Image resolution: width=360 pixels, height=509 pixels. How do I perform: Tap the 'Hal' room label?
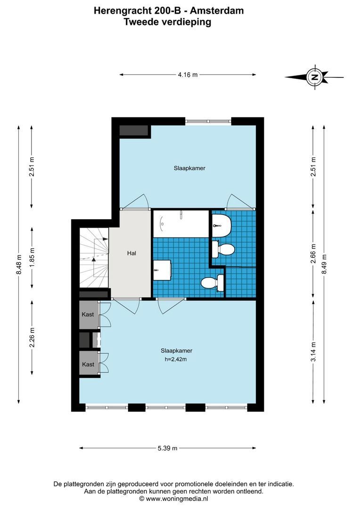pos(131,253)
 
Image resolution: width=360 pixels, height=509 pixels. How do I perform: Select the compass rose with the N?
pos(314,77)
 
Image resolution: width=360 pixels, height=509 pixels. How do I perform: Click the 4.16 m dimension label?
pos(188,74)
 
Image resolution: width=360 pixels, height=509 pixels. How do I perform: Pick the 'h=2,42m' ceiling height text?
pos(176,360)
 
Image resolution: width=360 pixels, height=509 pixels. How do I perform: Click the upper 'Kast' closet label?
pos(88,314)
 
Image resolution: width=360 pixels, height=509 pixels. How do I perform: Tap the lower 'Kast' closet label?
pos(88,364)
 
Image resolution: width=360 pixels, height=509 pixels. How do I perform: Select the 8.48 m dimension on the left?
pos(19,264)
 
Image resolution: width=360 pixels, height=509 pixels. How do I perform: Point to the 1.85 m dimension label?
pos(32,257)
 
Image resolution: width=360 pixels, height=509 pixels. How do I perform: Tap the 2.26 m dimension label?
pos(32,337)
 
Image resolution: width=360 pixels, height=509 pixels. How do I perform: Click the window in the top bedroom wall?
pos(208,121)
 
